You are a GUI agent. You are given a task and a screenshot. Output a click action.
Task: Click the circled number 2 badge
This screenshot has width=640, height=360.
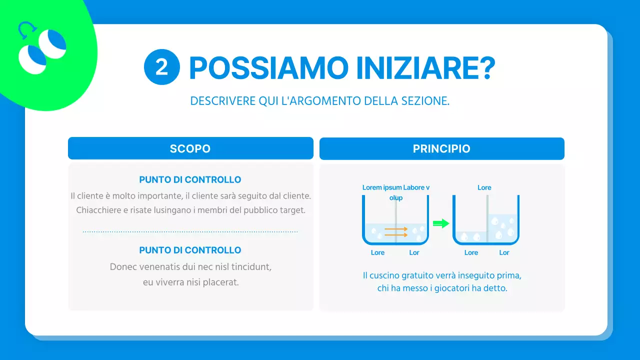click(161, 67)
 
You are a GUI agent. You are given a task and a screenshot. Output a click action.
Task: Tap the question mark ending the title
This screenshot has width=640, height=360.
click(483, 68)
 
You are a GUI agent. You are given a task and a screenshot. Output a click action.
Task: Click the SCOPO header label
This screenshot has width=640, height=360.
click(190, 149)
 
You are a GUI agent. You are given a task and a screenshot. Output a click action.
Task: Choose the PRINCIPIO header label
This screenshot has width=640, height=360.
click(441, 149)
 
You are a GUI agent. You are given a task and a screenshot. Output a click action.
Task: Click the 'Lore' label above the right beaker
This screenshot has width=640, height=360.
click(484, 187)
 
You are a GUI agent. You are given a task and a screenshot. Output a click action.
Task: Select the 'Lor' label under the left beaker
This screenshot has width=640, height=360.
click(414, 252)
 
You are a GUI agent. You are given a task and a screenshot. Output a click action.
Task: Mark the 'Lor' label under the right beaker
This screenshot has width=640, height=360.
click(504, 252)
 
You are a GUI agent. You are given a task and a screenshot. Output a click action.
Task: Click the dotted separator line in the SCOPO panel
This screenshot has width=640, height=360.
click(190, 232)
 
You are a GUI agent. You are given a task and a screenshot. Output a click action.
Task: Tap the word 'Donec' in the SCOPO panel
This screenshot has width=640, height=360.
click(123, 267)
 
